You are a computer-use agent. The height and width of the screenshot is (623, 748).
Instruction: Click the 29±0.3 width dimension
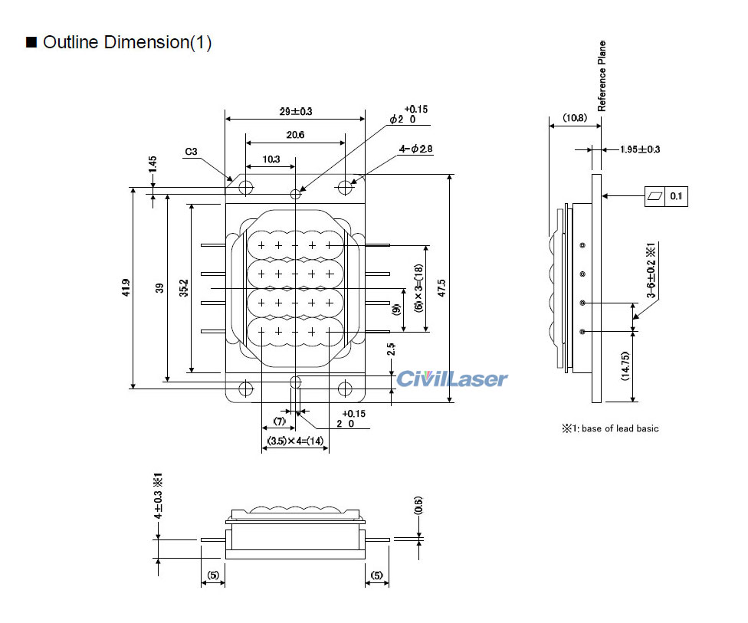pyautogui.click(x=295, y=111)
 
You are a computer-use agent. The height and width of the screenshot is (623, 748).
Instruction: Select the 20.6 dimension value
pyautogui.click(x=295, y=135)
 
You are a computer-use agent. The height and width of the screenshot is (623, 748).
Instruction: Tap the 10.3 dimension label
pyautogui.click(x=271, y=159)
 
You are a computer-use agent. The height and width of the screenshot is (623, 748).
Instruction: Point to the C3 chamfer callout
pyautogui.click(x=192, y=152)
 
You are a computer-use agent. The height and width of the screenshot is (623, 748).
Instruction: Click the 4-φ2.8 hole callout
pyautogui.click(x=415, y=149)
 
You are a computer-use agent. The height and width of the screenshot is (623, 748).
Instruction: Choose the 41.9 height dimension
pyautogui.click(x=126, y=287)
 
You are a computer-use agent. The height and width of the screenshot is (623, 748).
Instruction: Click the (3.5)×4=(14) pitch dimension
pyautogui.click(x=295, y=441)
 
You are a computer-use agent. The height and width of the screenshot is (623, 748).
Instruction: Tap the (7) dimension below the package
pyautogui.click(x=279, y=421)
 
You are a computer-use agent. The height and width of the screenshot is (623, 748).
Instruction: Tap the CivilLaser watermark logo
pyautogui.click(x=452, y=379)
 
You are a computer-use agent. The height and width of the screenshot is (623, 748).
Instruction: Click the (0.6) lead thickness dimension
pyautogui.click(x=418, y=507)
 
